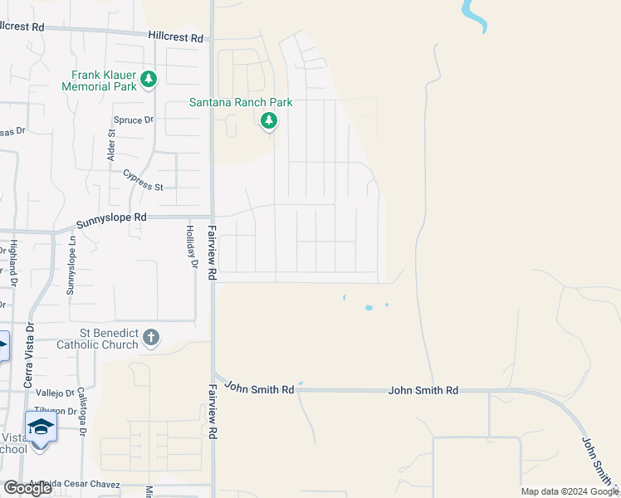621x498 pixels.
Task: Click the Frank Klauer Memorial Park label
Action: pos(98,80)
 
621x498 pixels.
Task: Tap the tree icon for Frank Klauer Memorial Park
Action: pos(149,80)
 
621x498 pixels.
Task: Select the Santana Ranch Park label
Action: pos(241,103)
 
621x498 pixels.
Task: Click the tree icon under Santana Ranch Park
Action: pos(268,121)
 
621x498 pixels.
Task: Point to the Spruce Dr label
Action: pos(134,120)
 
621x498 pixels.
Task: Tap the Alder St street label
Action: pos(111,145)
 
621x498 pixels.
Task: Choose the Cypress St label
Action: pos(143,180)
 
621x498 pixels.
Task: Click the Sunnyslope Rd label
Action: pos(111,221)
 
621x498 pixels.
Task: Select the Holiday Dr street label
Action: pos(191,247)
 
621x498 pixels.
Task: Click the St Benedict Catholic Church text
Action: pos(97,339)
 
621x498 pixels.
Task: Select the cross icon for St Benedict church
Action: pos(150,337)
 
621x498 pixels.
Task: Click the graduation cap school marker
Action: pos(41,427)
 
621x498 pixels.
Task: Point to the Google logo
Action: pos(27,488)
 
